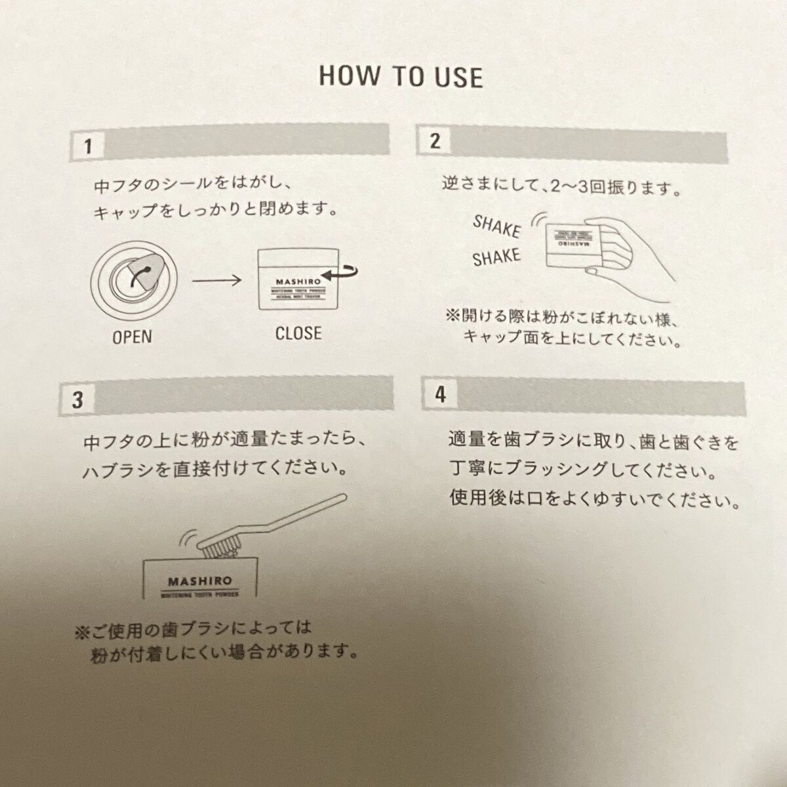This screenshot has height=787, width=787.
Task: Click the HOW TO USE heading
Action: coord(401,76)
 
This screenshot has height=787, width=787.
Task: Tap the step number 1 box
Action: coord(87,145)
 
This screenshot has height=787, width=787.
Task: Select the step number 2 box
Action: coord(435,140)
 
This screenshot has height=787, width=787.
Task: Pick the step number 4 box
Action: coord(440,395)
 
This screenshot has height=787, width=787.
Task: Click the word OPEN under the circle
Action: coord(132,337)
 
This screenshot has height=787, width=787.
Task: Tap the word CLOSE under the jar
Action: coord(298,333)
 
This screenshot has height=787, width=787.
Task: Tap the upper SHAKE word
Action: coord(496,227)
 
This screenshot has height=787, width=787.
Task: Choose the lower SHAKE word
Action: coord(496,257)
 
